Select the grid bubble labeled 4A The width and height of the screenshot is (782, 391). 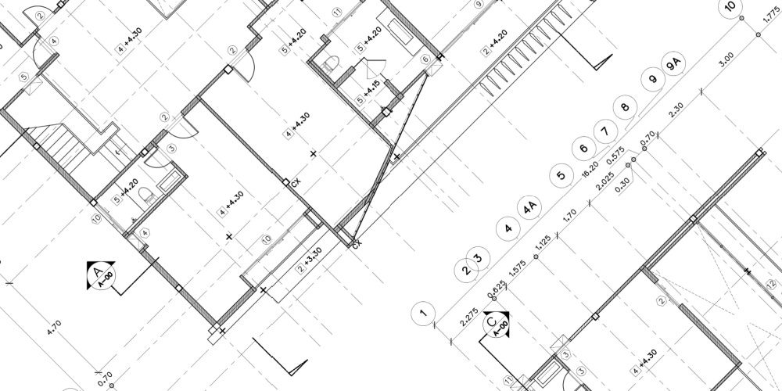click(530, 208)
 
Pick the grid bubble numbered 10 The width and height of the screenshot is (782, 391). click(731, 7)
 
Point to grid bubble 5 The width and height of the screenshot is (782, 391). click(560, 174)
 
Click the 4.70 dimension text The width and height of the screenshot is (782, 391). click(54, 329)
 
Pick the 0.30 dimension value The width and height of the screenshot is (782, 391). click(623, 183)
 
